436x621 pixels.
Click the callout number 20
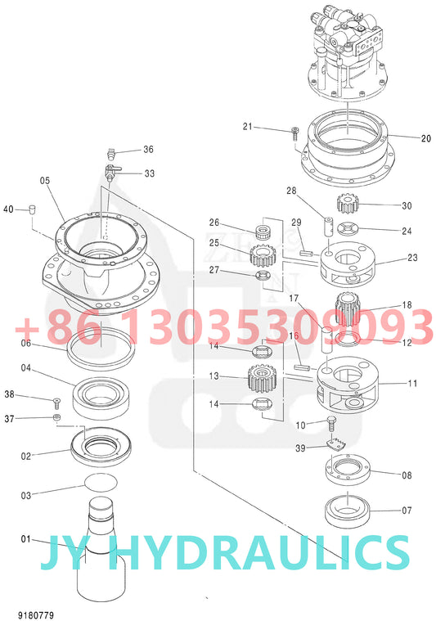click(425, 138)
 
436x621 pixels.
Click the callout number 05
click(44, 181)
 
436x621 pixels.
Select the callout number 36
click(148, 150)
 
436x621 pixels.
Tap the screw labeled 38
click(56, 402)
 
